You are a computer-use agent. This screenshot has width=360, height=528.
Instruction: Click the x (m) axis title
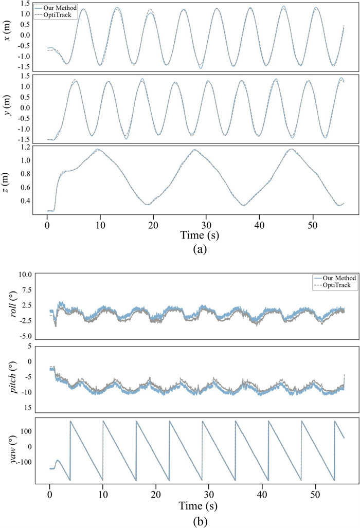click(8, 37)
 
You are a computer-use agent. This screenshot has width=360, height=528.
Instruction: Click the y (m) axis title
click(8, 108)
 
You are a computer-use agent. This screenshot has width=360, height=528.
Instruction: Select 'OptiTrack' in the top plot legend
click(62, 15)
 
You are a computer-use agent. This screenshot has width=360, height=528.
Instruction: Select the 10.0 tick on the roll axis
click(26, 274)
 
